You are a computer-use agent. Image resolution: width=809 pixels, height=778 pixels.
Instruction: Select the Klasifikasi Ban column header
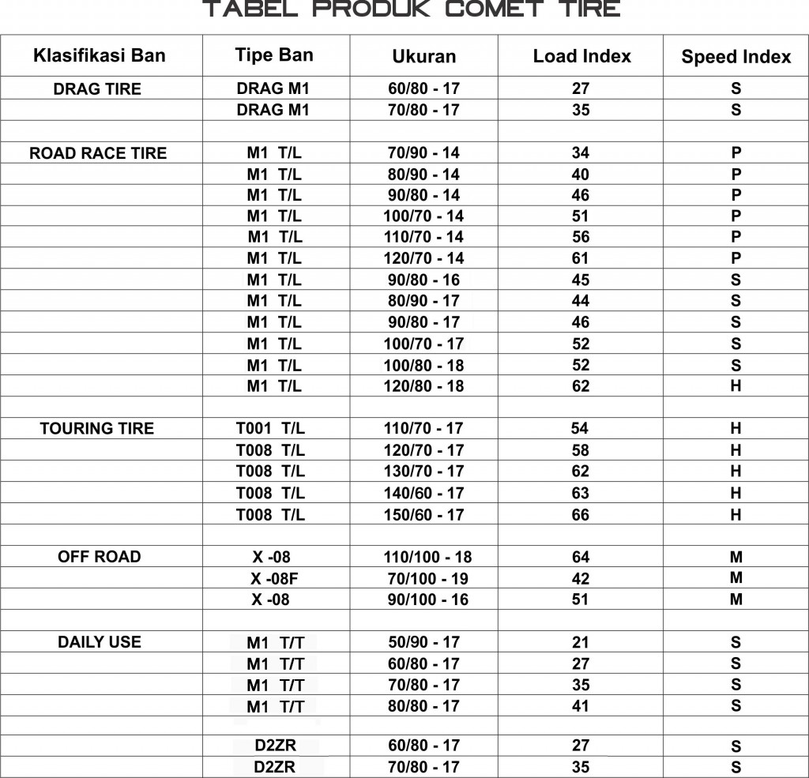point(100,55)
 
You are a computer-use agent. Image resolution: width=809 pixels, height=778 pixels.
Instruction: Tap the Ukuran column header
point(424,56)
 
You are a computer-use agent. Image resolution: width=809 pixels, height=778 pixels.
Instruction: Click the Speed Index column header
point(736,57)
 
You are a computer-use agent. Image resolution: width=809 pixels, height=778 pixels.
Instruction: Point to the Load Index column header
point(582,56)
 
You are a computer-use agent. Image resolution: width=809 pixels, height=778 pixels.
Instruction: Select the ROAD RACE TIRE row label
point(98,153)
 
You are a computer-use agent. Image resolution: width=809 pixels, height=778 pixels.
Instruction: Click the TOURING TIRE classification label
point(97,429)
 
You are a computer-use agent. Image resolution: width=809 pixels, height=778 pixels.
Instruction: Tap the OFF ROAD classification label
point(100,557)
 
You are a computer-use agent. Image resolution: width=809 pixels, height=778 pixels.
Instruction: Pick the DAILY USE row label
point(100,642)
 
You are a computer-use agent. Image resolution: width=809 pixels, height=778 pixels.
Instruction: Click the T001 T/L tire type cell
point(270,429)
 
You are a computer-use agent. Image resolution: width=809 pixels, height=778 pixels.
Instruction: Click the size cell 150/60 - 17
point(423,514)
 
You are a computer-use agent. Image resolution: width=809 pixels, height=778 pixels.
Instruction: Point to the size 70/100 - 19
point(427,578)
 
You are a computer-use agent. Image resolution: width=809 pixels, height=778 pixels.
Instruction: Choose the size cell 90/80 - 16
point(423,280)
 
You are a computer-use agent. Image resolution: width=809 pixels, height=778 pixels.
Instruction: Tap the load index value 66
point(581,514)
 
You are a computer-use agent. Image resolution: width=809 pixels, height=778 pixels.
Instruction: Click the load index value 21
point(581,642)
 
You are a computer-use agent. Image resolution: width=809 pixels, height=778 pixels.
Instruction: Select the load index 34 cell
point(581,152)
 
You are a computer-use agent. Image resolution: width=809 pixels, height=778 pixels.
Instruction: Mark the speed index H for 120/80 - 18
point(736,385)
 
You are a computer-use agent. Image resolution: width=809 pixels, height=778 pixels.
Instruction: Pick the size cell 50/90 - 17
point(423,642)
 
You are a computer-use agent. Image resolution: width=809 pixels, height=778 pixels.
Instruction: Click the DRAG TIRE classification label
point(97,89)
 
